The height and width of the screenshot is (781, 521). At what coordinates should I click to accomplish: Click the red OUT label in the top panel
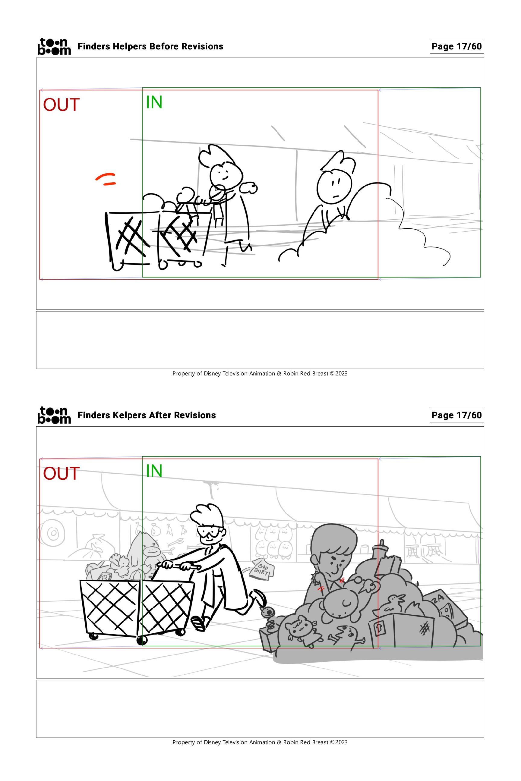click(62, 105)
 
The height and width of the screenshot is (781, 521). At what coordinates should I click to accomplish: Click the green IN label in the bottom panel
click(154, 471)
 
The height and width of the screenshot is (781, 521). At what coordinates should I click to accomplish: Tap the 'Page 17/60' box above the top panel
click(456, 46)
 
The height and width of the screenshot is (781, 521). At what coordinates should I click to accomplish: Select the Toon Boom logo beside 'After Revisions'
click(54, 415)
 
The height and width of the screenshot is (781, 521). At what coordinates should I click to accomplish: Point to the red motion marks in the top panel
click(106, 179)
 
